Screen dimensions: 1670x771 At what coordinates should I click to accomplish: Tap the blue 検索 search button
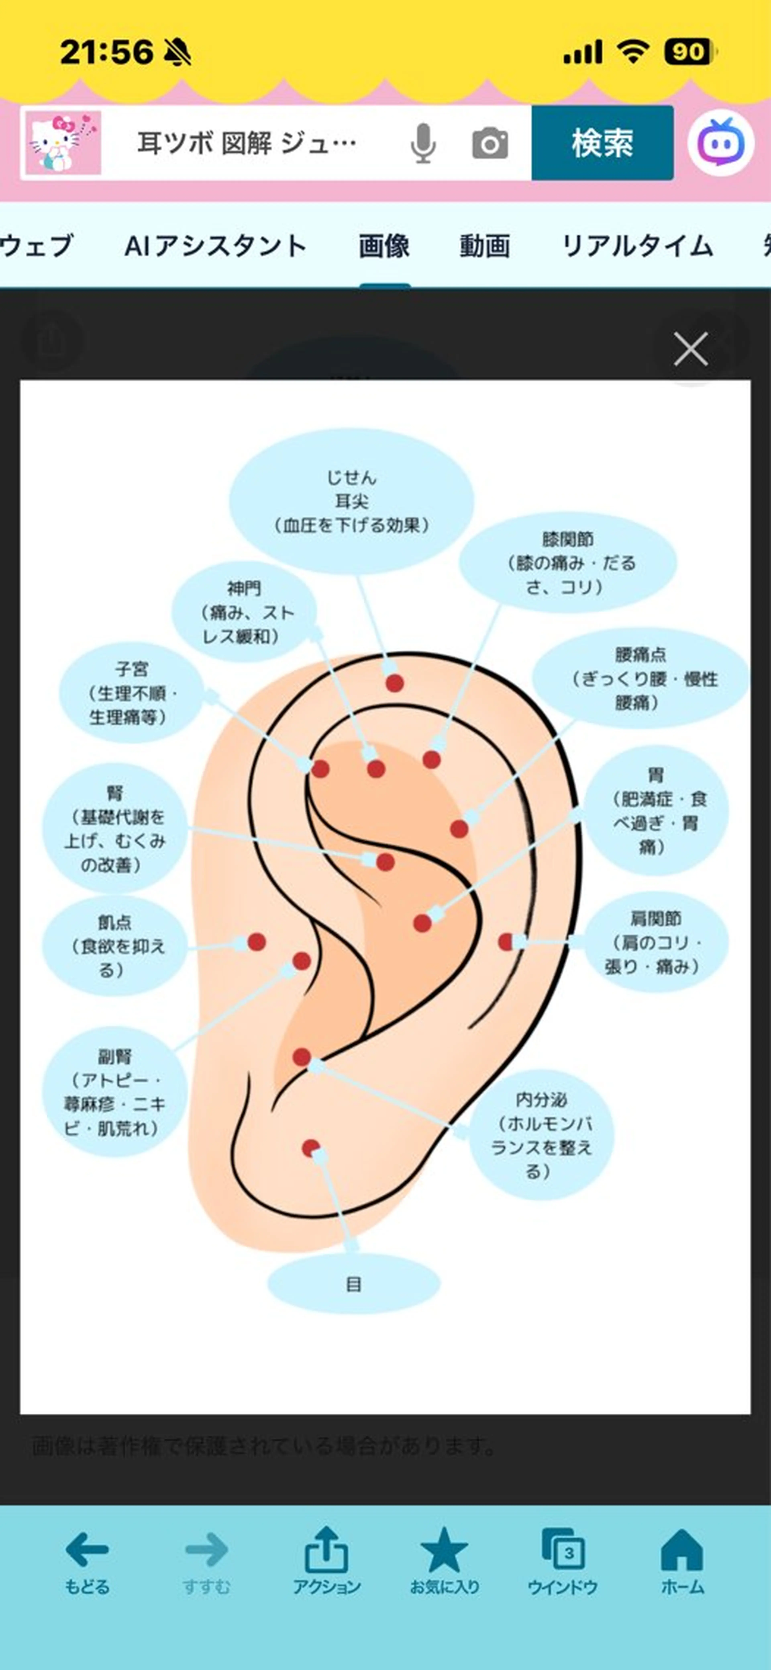(602, 143)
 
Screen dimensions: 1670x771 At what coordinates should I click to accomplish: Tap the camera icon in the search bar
(490, 143)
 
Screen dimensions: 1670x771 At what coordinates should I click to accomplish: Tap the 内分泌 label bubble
(541, 1135)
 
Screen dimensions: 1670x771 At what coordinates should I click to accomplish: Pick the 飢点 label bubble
(115, 946)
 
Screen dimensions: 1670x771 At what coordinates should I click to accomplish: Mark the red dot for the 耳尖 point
(395, 683)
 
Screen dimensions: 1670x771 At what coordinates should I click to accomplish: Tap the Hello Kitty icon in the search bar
(63, 143)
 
